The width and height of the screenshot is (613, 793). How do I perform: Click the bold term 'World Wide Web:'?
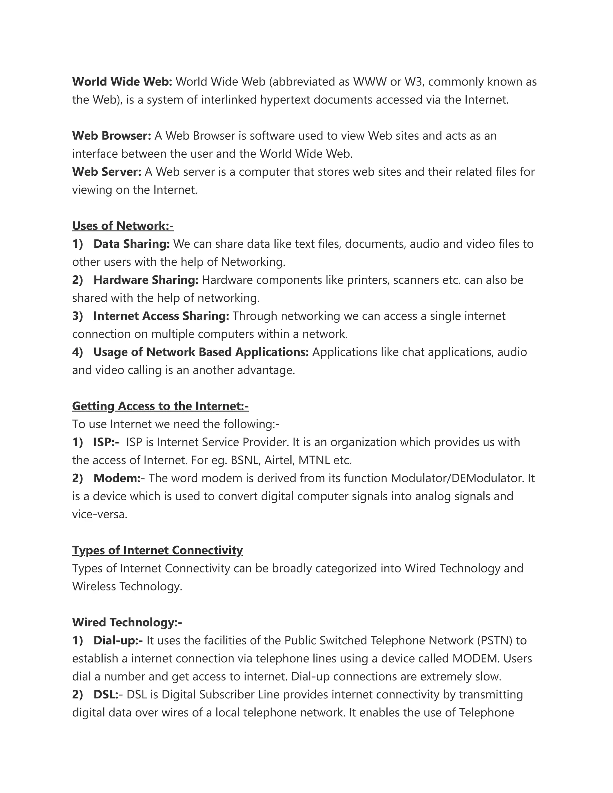click(x=122, y=82)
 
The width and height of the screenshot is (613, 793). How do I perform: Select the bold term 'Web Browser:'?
click(x=111, y=136)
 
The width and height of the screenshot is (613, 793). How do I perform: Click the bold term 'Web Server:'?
click(x=106, y=172)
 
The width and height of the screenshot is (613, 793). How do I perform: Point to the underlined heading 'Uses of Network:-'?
click(x=123, y=226)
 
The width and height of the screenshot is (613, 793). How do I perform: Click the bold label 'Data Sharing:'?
click(x=131, y=244)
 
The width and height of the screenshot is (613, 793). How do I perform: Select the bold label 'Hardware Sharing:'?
click(x=146, y=280)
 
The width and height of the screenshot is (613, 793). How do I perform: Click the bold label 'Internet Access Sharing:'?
click(x=161, y=316)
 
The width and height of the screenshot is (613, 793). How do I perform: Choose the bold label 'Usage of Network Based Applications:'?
click(x=201, y=352)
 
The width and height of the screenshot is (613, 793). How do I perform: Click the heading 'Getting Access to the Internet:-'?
click(x=160, y=406)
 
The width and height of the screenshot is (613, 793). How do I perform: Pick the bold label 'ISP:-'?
click(x=106, y=442)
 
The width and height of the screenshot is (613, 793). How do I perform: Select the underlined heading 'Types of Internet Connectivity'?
click(x=157, y=550)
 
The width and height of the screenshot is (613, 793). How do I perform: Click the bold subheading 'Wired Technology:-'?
click(x=127, y=622)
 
